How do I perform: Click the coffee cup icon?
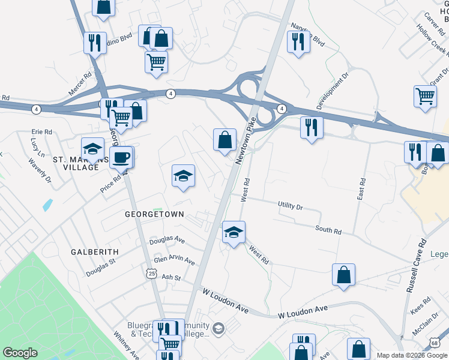pos(121,158)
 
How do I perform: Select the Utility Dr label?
pos(291,206)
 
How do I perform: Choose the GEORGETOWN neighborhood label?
pos(154,214)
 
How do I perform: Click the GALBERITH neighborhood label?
pos(94,252)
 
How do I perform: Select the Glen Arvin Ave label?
pos(174,261)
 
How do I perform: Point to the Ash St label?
pos(171,277)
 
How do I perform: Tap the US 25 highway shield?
pos(151,274)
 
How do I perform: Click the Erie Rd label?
pos(42,132)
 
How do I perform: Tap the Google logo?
pos(20,353)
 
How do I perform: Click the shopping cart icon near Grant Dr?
pos(425,96)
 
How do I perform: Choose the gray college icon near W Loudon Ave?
pos(218,328)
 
